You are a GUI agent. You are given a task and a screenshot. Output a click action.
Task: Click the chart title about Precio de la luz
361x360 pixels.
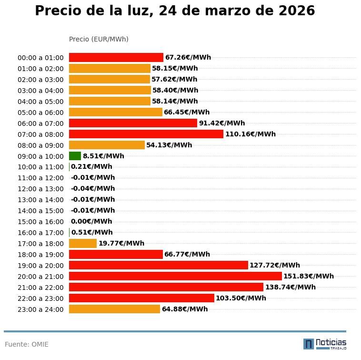(x=175, y=11)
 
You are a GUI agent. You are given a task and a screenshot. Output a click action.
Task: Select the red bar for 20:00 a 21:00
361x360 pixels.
(x=175, y=276)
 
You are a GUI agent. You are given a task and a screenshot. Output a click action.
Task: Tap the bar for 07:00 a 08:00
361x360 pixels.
(x=146, y=134)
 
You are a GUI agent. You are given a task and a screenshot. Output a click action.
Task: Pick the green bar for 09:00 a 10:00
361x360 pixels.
(x=75, y=156)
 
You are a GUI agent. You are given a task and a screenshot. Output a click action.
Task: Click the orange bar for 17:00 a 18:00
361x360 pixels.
(x=83, y=243)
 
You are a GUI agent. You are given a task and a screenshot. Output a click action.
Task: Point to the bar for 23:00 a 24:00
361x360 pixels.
(x=114, y=309)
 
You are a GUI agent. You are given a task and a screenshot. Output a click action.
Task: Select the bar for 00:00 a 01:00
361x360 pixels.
(x=116, y=57)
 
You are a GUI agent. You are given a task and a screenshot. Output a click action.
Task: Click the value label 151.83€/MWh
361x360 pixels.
(x=309, y=276)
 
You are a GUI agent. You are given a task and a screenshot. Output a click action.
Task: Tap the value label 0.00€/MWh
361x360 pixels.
(x=91, y=221)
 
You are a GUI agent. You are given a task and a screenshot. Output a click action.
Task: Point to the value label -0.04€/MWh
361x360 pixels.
(x=93, y=188)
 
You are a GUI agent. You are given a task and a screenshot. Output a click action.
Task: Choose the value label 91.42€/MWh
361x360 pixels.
(x=222, y=123)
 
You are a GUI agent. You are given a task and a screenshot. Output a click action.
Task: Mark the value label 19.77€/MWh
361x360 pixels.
(x=121, y=243)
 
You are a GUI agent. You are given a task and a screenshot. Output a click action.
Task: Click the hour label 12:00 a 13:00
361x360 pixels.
(x=40, y=189)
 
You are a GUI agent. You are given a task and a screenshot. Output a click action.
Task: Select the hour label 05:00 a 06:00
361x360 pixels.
(x=40, y=113)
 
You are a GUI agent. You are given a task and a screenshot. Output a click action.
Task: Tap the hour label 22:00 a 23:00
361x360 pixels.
(x=40, y=298)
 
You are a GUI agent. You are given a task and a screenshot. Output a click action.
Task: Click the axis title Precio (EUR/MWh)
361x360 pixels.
(x=99, y=39)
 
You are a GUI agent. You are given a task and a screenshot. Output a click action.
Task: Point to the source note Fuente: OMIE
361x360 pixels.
(x=27, y=344)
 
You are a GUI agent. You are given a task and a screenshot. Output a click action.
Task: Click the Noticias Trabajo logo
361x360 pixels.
(x=325, y=343)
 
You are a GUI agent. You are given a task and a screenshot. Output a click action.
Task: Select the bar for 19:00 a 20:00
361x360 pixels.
(x=159, y=265)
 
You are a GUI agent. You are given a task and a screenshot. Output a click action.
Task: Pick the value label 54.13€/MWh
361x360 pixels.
(x=169, y=145)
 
